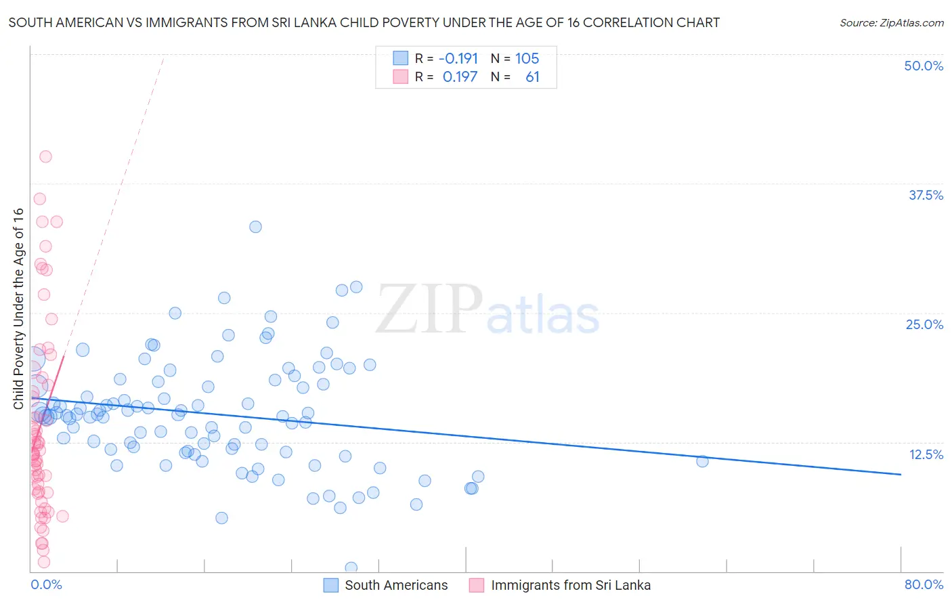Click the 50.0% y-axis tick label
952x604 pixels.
924,66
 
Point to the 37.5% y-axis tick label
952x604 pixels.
926,195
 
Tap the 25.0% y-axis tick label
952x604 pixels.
924,324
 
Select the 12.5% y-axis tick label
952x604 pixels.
926,454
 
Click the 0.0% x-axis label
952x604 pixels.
46,585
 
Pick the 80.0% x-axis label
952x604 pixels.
924,585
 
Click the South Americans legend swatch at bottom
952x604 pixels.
330,585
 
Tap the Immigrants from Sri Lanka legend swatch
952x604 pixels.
477,585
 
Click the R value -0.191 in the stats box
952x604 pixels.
458,59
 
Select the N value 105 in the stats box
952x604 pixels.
527,59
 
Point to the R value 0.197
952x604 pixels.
460,77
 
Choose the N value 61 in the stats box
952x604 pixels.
532,77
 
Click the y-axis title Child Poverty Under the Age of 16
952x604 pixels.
18,309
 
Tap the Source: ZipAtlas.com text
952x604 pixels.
891,23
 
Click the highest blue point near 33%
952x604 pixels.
255,227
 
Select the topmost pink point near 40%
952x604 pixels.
45,156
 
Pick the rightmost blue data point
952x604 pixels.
702,461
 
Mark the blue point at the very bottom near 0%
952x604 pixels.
351,567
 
